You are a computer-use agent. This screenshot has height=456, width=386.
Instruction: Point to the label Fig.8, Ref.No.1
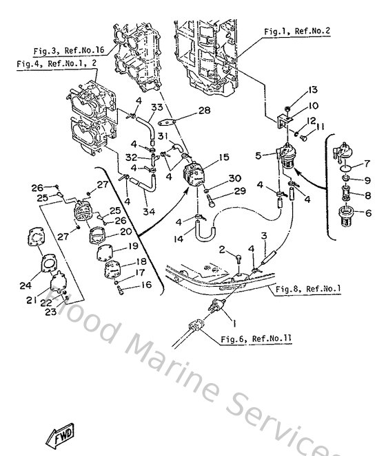coord(308,289)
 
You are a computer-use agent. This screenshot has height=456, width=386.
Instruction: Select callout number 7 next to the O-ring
coord(367,164)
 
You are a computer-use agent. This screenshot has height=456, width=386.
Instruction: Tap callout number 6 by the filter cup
coord(367,214)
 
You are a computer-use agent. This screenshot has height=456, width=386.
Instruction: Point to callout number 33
coord(156,107)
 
